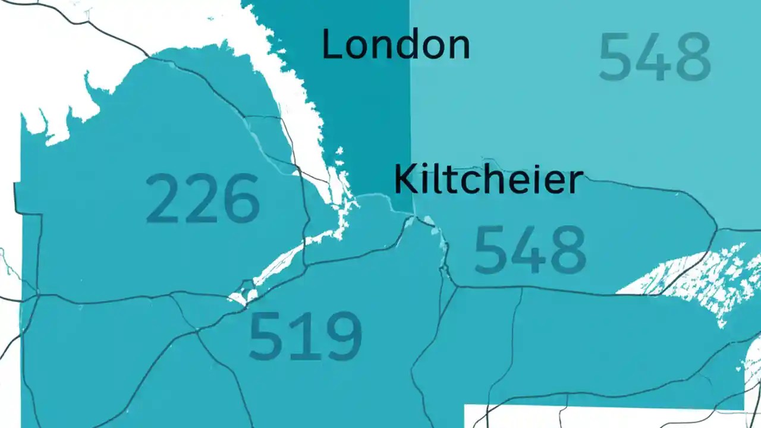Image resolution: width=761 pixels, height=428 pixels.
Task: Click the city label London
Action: click(395, 45)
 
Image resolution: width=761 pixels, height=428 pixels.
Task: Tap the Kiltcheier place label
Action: click(488, 180)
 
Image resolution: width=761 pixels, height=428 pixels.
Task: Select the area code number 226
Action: click(203, 198)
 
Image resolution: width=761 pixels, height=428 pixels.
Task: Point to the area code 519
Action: click(305, 336)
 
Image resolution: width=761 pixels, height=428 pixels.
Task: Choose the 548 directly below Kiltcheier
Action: click(530, 250)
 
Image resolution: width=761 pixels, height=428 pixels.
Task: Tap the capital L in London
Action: click(331, 44)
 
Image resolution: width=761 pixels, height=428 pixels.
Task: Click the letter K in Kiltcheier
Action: click(405, 180)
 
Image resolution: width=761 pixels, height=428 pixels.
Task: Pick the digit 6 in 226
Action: click(241, 198)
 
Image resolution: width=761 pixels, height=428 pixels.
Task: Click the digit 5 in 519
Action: click(267, 336)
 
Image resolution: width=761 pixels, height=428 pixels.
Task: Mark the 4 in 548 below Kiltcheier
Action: click(529, 250)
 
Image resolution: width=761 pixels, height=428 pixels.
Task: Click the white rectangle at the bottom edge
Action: click(600, 416)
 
